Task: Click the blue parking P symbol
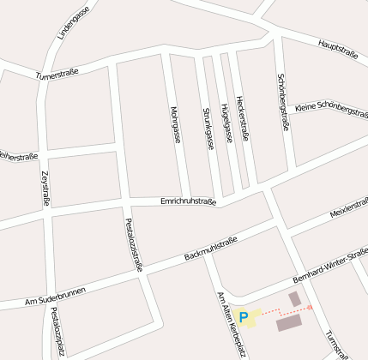click(243, 318)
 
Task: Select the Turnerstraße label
click(57, 75)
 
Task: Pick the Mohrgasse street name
click(176, 124)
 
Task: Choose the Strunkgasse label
click(208, 129)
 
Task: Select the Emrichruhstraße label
click(188, 201)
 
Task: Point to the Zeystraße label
click(45, 189)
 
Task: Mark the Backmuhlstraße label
click(210, 249)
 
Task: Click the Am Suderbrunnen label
click(55, 297)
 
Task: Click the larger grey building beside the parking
click(288, 322)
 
